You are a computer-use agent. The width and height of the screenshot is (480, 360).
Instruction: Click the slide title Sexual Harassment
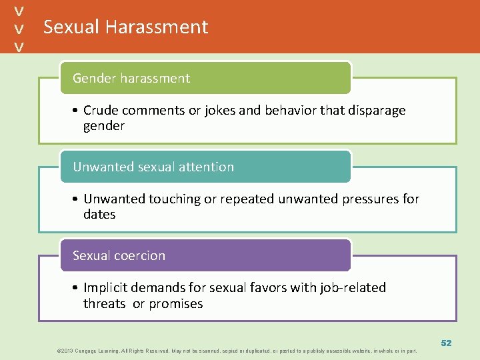[x=125, y=27]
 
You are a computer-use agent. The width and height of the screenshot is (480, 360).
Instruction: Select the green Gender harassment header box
[x=205, y=78]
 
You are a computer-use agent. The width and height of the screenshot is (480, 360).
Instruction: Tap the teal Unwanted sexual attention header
[x=205, y=167]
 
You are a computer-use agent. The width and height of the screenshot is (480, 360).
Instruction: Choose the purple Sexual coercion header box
[x=205, y=255]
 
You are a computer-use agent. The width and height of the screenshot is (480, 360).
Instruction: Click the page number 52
[x=446, y=343]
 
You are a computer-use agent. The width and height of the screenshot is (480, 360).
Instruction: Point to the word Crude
[x=102, y=110]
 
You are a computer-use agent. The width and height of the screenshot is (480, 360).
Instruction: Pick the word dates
[x=99, y=215]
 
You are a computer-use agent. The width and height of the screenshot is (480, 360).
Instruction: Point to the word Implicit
[x=107, y=287]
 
